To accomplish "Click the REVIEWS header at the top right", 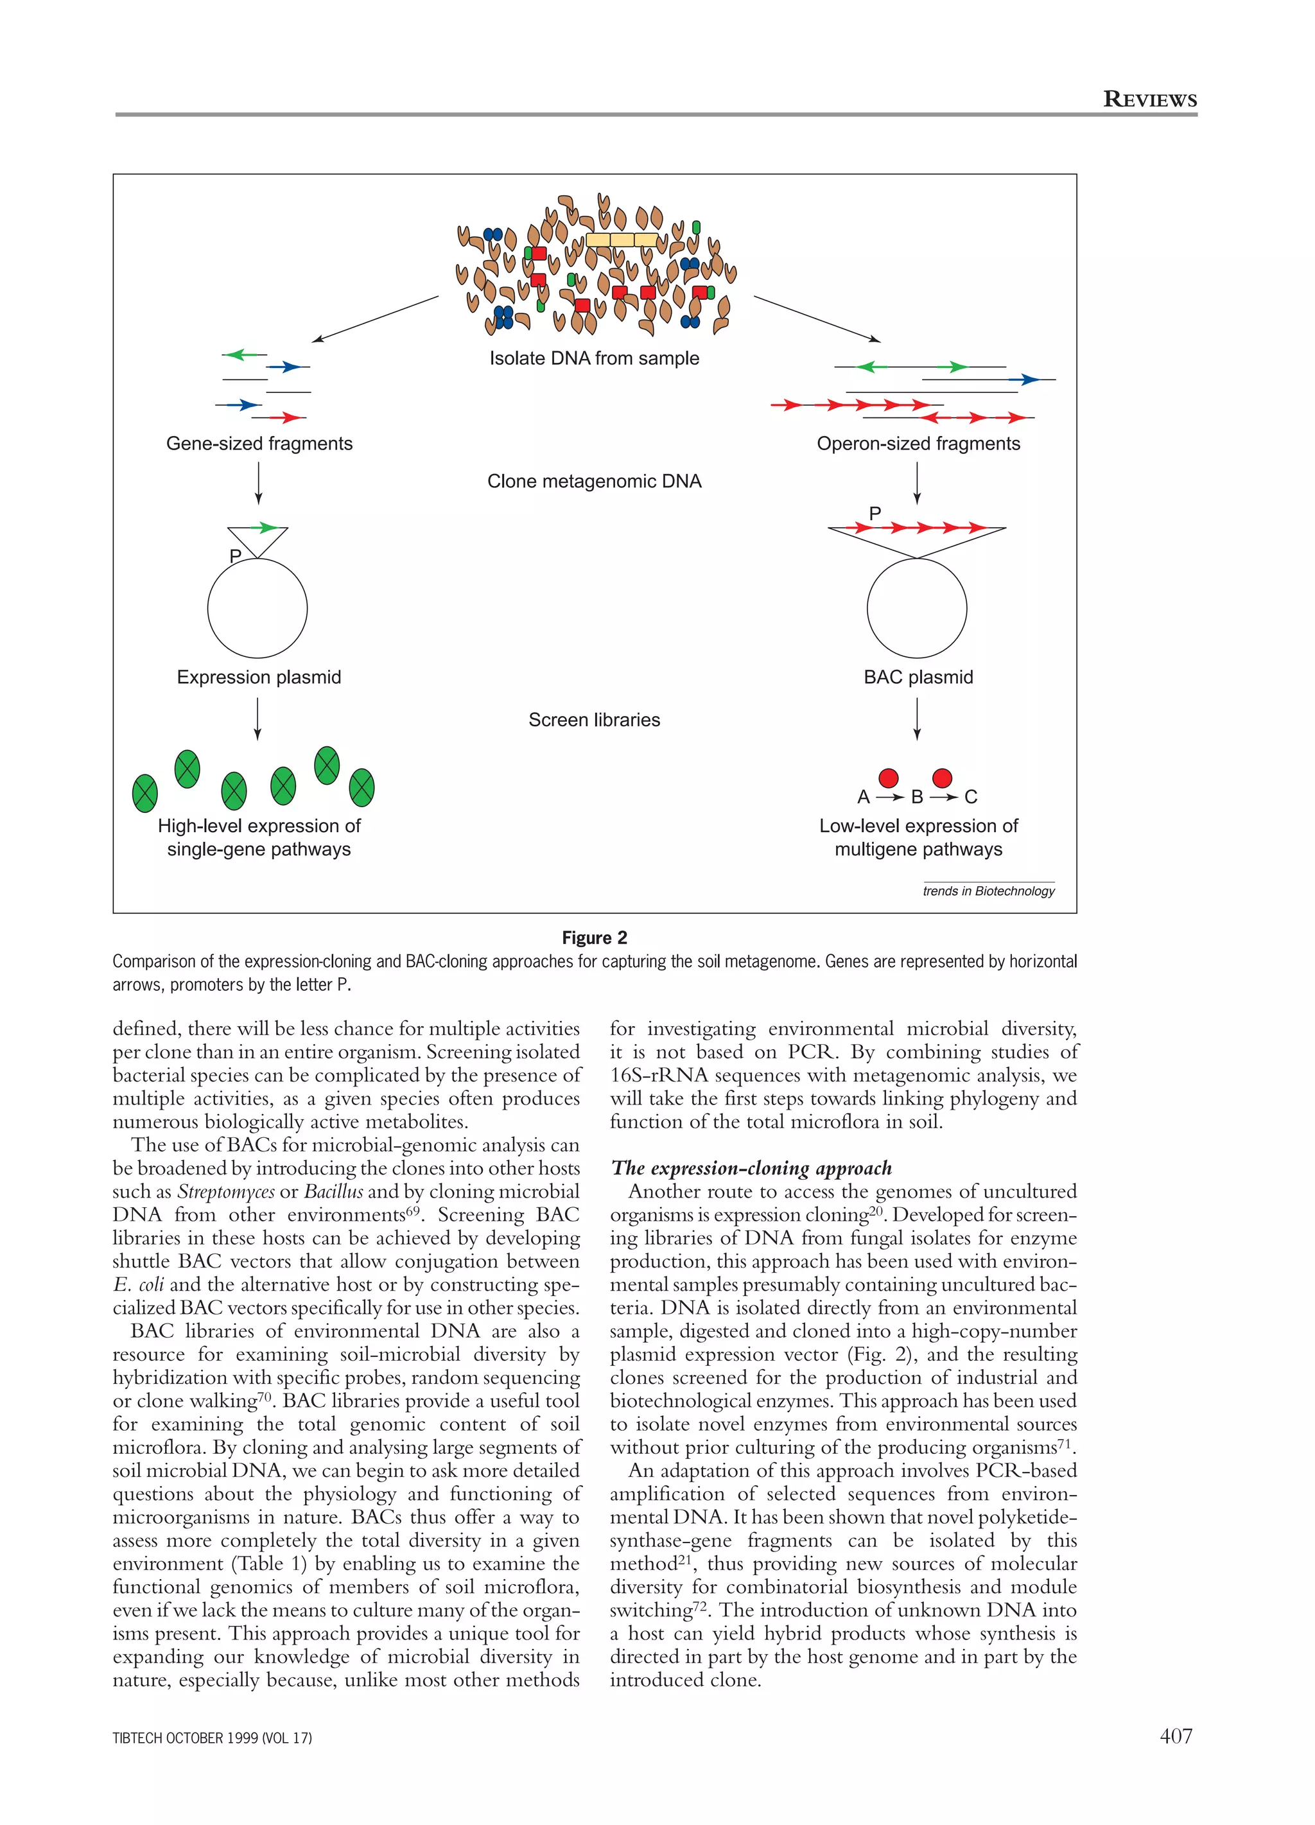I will coord(1149,100).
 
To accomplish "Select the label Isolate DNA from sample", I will coord(594,358).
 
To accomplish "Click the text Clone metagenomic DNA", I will coord(594,481).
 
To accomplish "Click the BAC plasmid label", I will coord(918,677).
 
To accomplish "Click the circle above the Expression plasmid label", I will coord(257,608).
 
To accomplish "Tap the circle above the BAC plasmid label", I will coord(917,608).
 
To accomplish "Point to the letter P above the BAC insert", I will coord(875,512).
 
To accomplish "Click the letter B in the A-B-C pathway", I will coord(917,797).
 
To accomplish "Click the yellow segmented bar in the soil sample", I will coord(622,240).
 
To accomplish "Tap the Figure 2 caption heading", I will coord(594,938).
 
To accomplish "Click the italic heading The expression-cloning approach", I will coord(752,1167).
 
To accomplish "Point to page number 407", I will coord(1175,1736).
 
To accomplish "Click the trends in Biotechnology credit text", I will coord(988,891).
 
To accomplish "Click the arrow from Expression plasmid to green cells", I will coord(257,718).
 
